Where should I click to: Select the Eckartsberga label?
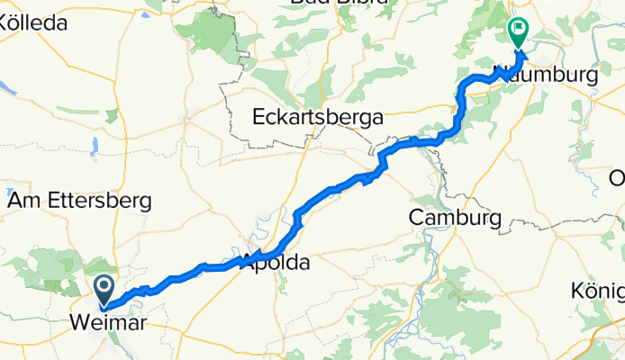(318, 117)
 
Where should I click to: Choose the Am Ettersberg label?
(78, 202)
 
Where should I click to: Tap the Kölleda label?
(33, 24)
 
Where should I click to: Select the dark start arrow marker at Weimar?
(104, 290)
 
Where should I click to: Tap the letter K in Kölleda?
(5, 24)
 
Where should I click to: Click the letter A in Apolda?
(248, 264)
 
